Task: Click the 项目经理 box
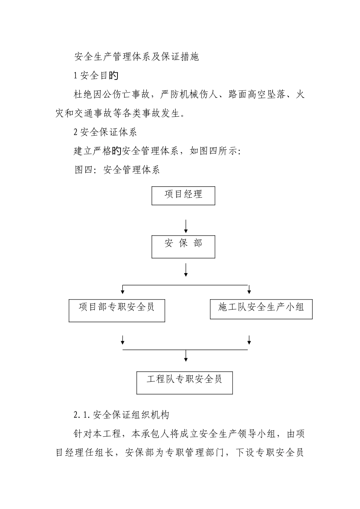[183, 195]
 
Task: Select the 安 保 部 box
[183, 247]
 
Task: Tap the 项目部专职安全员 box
[117, 311]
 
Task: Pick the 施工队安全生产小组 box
[261, 309]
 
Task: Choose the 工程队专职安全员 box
[185, 383]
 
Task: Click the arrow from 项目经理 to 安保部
[186, 226]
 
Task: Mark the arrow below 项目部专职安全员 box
[123, 339]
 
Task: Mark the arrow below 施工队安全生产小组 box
[249, 339]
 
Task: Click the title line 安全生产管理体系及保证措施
[136, 57]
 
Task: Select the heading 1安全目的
[96, 76]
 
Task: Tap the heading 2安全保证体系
[105, 132]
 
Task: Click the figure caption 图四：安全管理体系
[117, 170]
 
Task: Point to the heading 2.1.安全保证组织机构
[121, 415]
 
